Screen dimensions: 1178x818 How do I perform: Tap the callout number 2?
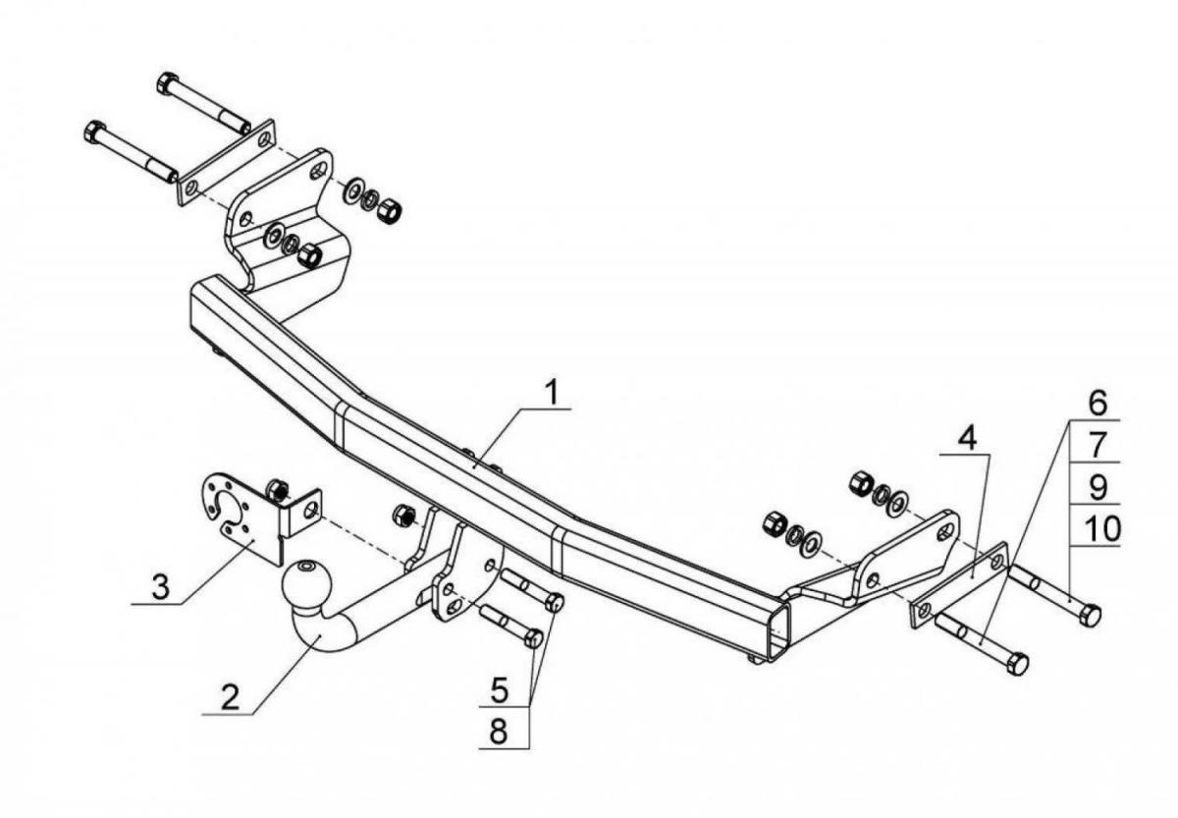[231, 698]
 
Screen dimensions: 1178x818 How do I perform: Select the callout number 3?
[160, 587]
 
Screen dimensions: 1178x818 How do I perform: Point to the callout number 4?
[967, 440]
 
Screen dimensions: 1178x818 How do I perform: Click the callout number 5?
[500, 690]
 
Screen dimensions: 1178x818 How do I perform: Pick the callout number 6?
[1098, 403]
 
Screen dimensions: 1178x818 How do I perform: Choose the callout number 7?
[1098, 445]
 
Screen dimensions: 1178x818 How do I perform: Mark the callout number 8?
[499, 732]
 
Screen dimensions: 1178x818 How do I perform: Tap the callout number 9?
[1098, 487]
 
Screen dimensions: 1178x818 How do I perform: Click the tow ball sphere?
[307, 583]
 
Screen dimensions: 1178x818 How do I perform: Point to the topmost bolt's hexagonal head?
[166, 83]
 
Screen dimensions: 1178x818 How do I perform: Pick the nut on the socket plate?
[277, 490]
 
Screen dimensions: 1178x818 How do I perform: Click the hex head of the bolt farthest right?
[1090, 615]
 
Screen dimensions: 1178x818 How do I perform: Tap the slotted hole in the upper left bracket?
[319, 172]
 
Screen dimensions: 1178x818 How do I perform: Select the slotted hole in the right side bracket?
[945, 532]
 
